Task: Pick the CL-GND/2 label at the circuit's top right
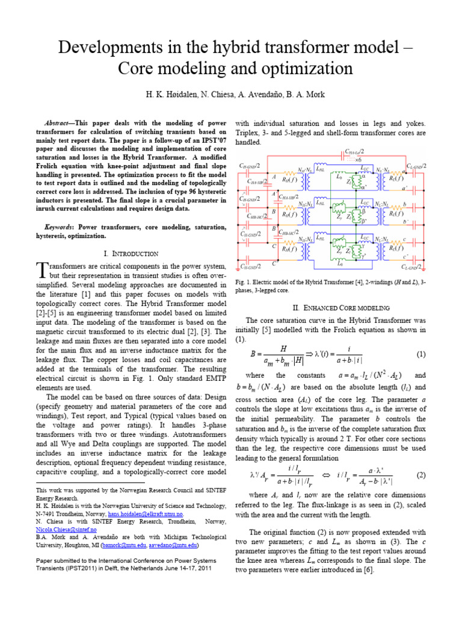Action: click(416, 166)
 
